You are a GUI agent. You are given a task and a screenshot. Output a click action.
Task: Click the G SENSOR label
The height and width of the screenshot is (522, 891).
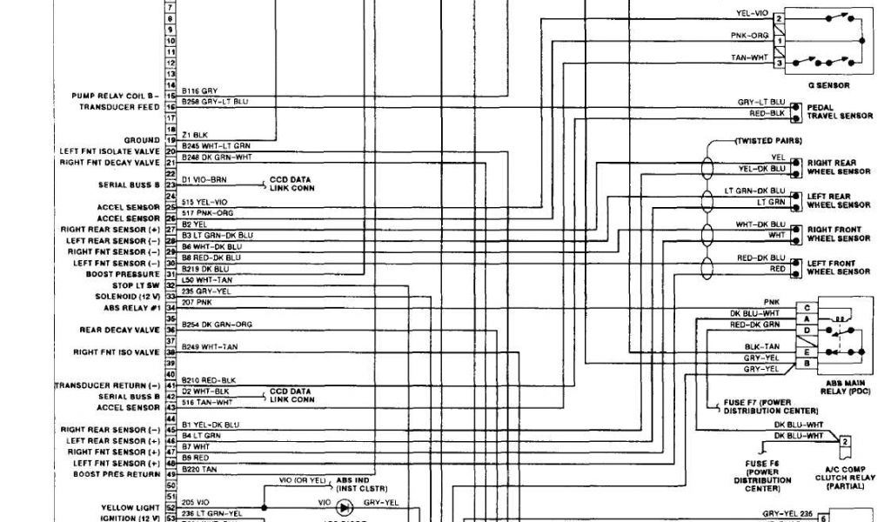click(x=828, y=85)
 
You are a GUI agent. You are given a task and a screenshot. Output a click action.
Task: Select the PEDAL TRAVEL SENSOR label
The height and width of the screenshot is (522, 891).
click(x=839, y=111)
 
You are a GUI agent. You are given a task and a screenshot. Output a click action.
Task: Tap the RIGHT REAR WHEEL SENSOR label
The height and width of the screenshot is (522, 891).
click(x=839, y=166)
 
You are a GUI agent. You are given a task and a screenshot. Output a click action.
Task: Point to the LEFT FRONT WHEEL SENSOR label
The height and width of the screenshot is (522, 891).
click(x=839, y=267)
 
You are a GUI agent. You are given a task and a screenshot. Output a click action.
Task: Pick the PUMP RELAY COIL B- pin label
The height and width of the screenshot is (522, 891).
click(x=122, y=95)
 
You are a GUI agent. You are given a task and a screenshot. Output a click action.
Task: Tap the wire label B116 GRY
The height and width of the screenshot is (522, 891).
click(x=200, y=90)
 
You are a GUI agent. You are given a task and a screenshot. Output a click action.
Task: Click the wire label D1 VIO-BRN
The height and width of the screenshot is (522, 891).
click(x=204, y=179)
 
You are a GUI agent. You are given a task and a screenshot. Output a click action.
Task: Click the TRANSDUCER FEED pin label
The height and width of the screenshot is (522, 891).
click(x=119, y=106)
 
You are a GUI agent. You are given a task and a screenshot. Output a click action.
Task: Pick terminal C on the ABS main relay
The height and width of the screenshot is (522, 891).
click(x=807, y=307)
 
